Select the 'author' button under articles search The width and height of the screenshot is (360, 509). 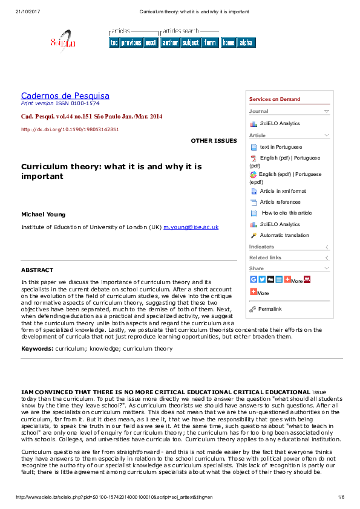coord(170,42)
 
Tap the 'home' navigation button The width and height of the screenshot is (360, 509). coord(228,42)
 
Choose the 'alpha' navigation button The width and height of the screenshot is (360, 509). coord(246,42)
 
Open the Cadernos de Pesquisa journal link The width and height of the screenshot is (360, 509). coord(65,96)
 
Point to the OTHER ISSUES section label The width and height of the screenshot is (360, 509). coord(214,141)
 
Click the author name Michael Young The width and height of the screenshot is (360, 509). coord(43,215)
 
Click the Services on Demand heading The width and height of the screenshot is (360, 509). coord(274,99)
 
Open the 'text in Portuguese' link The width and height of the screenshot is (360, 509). coord(281,147)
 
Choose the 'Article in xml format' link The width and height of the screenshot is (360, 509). coord(283,191)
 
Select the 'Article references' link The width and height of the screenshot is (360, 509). coord(280,202)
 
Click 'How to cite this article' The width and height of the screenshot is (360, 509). coord(287,213)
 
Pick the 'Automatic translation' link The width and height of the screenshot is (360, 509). coord(284,235)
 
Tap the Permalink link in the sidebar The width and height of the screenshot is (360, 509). coord(270,309)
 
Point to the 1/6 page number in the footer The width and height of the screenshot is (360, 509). coord(341,497)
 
